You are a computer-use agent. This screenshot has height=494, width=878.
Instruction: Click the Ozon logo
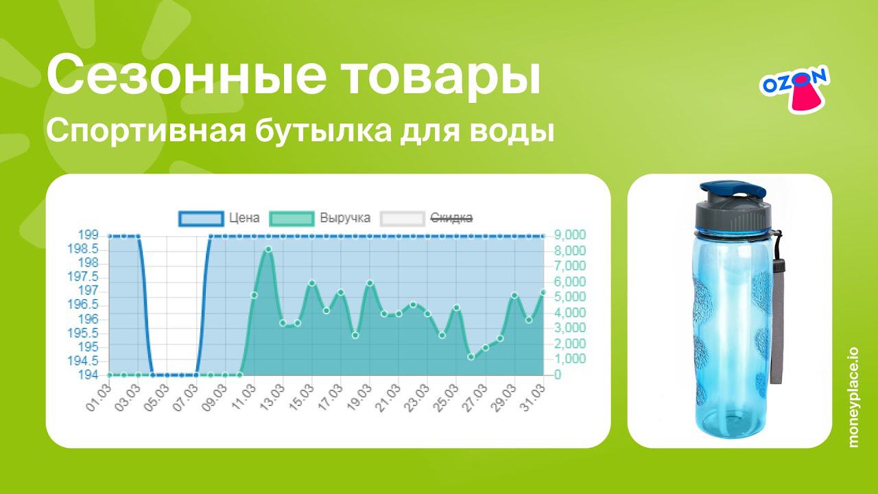coord(794,88)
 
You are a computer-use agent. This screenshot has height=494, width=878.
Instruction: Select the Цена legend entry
coord(219,218)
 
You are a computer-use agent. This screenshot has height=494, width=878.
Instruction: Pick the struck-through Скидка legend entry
coord(427,218)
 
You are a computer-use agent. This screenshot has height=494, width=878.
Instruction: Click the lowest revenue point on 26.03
coord(471,357)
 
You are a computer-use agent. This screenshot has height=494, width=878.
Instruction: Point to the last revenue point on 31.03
coord(543,292)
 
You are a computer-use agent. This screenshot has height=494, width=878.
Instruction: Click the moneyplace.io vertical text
coord(854,397)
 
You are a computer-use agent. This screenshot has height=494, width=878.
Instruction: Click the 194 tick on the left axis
coord(88,375)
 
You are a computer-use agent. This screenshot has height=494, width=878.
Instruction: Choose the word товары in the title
coord(440,76)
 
